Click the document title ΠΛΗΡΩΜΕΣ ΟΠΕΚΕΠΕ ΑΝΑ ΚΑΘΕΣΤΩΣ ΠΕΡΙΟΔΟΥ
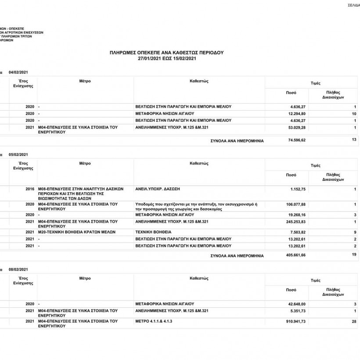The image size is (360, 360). click(x=166, y=52)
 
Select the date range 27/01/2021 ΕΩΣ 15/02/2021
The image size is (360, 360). click(x=166, y=58)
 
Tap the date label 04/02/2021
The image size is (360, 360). click(x=18, y=72)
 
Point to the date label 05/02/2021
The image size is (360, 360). click(x=18, y=154)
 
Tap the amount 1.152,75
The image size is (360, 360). click(x=298, y=189)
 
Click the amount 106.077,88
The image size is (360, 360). click(x=295, y=204)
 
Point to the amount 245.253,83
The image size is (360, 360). click(x=295, y=222)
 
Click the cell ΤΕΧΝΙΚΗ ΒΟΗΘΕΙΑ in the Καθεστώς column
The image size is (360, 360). click(x=154, y=231)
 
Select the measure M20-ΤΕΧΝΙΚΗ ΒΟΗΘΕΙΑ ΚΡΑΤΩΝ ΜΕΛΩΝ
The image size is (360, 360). click(x=77, y=231)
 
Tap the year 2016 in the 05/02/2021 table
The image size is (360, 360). click(x=30, y=189)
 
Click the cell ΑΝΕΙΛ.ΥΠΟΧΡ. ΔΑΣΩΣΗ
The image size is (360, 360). click(x=158, y=189)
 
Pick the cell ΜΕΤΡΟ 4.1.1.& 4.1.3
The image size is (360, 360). click(x=154, y=321)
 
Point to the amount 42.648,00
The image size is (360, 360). click(x=297, y=304)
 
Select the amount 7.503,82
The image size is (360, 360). click(x=298, y=231)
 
